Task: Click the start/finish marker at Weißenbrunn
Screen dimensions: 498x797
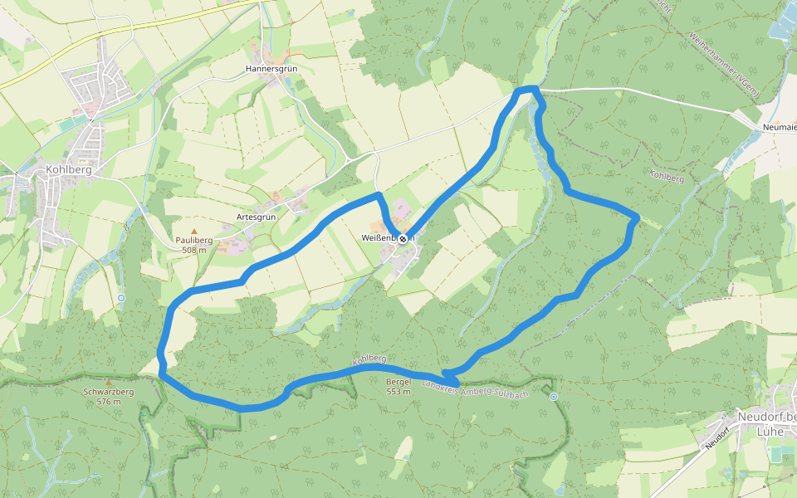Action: click(x=403, y=239)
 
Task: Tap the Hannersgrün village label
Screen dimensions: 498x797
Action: click(x=271, y=69)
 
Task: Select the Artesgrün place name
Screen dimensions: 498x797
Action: click(x=256, y=217)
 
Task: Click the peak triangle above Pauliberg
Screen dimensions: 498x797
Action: click(x=194, y=232)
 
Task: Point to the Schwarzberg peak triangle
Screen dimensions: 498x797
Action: click(x=108, y=383)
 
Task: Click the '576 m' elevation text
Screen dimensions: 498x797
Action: click(x=108, y=402)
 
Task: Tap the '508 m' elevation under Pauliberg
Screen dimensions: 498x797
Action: click(x=194, y=250)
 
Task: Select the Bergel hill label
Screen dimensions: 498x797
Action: click(x=398, y=382)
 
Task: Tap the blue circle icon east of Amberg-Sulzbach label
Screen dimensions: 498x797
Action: click(x=554, y=397)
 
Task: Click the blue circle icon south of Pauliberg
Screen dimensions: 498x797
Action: click(x=121, y=297)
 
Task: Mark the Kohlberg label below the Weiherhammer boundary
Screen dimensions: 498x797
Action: click(x=667, y=176)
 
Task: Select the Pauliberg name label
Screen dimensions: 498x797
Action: click(x=194, y=241)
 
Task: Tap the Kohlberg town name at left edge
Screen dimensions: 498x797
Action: click(x=68, y=169)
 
